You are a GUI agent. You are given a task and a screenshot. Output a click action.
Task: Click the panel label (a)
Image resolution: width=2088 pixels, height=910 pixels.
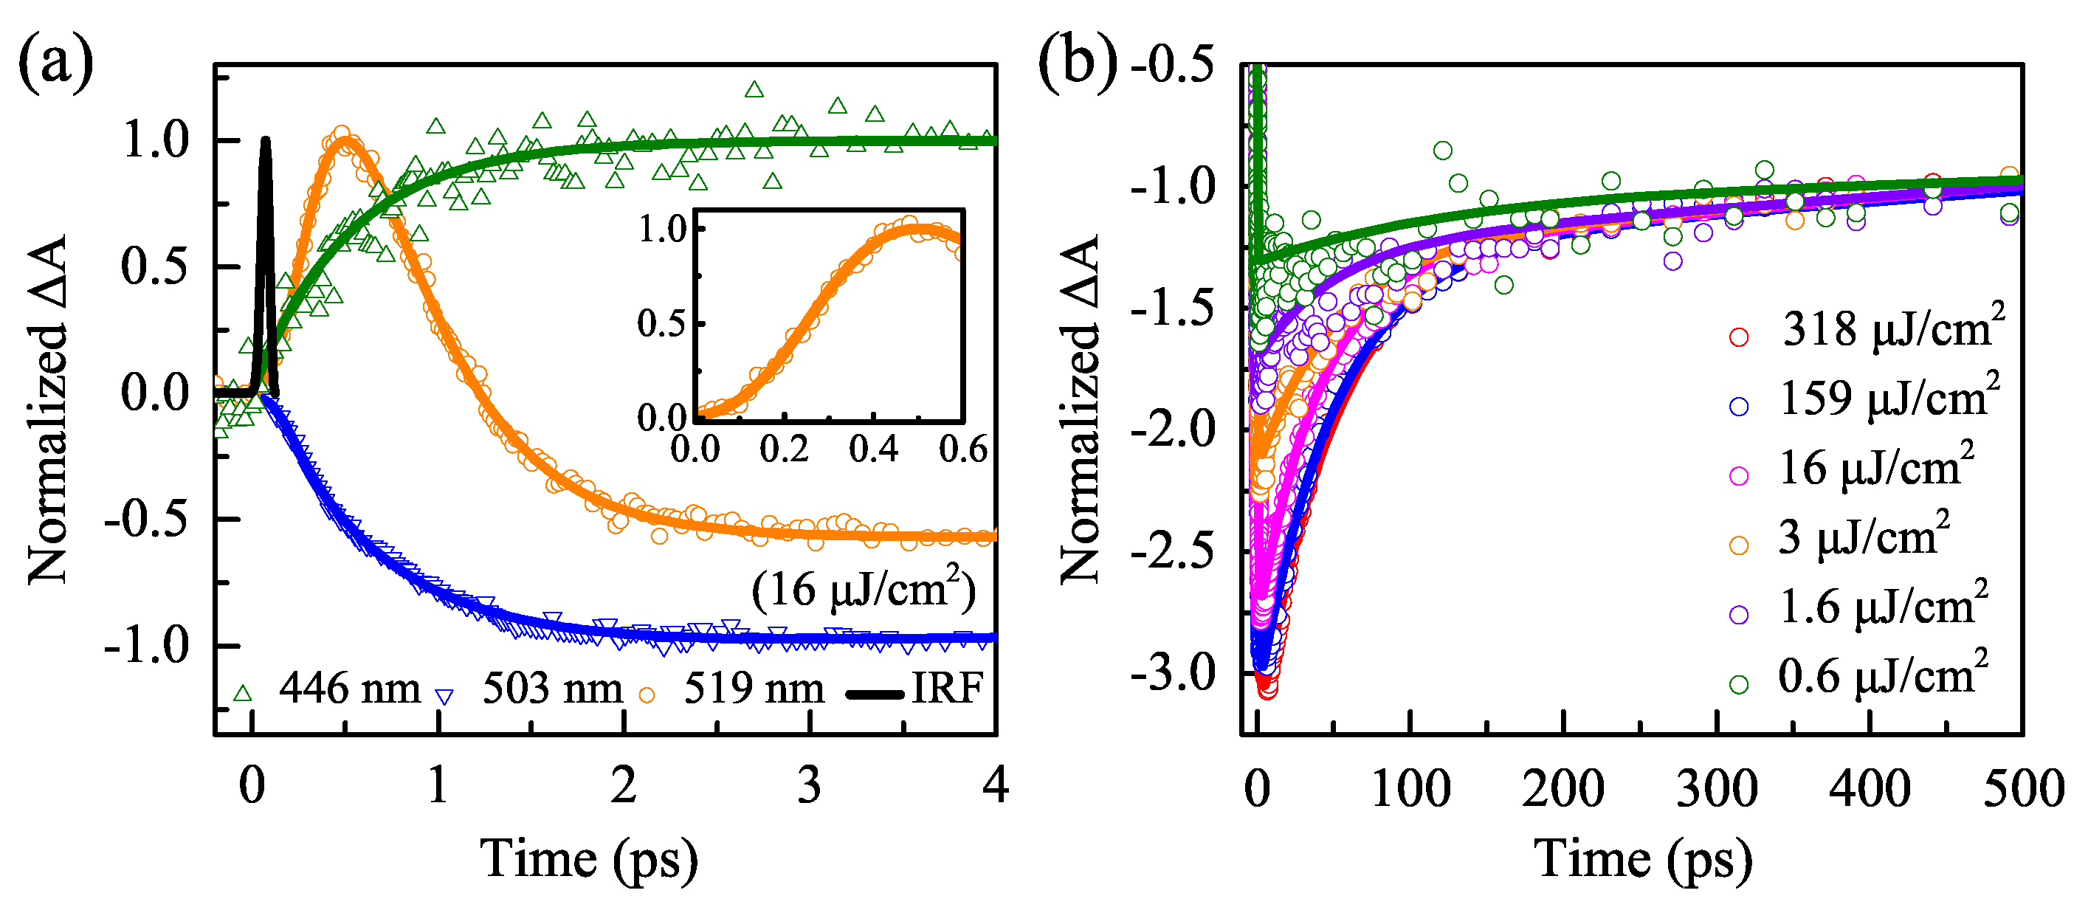point(55,63)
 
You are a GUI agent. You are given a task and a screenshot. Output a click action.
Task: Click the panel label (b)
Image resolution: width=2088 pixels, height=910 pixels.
point(1076,63)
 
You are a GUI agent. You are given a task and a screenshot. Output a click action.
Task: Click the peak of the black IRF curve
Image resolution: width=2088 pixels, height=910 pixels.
point(265,141)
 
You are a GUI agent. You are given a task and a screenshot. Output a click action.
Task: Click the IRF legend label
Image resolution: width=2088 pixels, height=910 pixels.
point(947,689)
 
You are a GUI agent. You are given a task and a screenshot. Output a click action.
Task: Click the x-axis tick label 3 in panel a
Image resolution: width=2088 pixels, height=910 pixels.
point(809,785)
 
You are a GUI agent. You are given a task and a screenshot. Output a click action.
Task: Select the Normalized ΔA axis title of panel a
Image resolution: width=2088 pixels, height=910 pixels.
point(47,409)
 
